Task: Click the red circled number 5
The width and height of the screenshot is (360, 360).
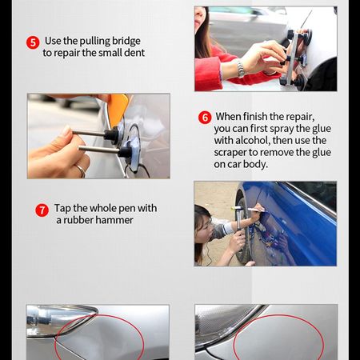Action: click(33, 42)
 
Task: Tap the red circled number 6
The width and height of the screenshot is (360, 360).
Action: click(205, 118)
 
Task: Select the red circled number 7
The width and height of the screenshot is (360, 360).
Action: click(42, 210)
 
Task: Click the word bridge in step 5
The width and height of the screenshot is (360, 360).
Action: click(126, 41)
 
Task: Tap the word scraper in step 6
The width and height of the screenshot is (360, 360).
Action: click(230, 153)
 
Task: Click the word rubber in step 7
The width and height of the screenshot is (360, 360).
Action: click(78, 220)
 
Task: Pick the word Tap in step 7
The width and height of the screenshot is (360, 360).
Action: click(62, 209)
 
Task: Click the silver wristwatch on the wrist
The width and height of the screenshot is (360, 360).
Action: click(241, 69)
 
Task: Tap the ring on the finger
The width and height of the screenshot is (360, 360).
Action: click(81, 170)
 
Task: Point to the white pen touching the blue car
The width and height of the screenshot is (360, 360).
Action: click(256, 210)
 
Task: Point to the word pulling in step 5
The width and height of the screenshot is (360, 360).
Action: click(95, 42)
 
